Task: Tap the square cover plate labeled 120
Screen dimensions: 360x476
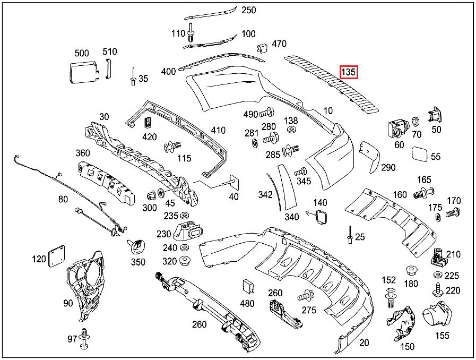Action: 55,257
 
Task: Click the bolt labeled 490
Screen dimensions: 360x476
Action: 267,113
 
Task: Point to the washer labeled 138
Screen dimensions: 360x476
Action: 291,130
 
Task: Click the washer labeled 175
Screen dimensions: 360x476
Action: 438,218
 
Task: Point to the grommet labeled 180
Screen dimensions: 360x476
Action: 411,270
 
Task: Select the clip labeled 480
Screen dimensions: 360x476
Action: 248,287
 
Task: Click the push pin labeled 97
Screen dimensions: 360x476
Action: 84,339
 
